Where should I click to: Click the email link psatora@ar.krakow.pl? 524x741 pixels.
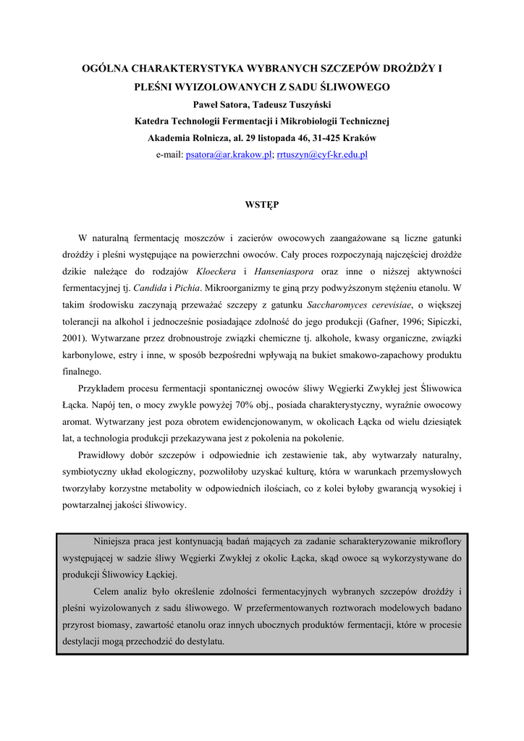[x=228, y=155]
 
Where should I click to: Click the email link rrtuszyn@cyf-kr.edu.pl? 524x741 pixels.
[x=322, y=155]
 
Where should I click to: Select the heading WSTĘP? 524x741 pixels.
[x=262, y=205]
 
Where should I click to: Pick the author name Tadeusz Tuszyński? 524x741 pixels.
[x=295, y=104]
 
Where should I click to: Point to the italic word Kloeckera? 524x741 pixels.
[x=218, y=271]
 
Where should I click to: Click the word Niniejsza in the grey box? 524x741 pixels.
[x=116, y=541]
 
